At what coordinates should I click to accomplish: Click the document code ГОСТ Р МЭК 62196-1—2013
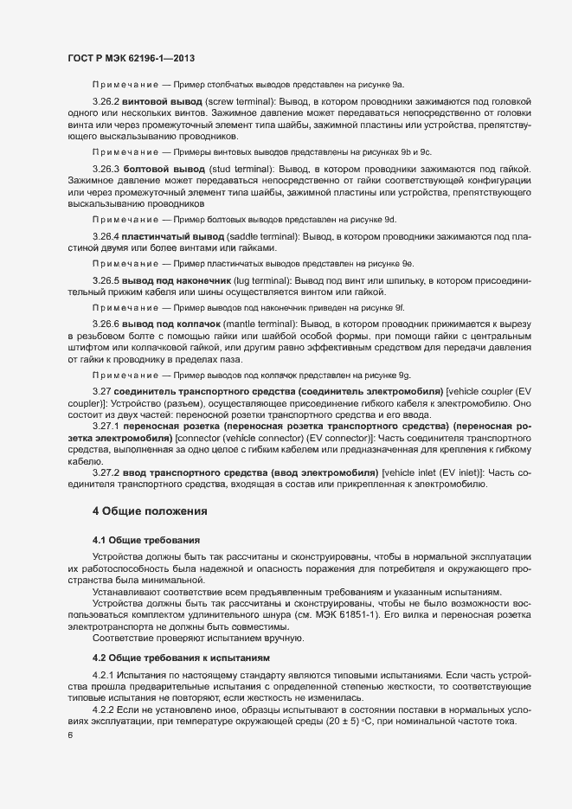pos(130,57)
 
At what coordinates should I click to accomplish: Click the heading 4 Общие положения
pos(150,511)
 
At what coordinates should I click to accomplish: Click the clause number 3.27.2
pos(106,472)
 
